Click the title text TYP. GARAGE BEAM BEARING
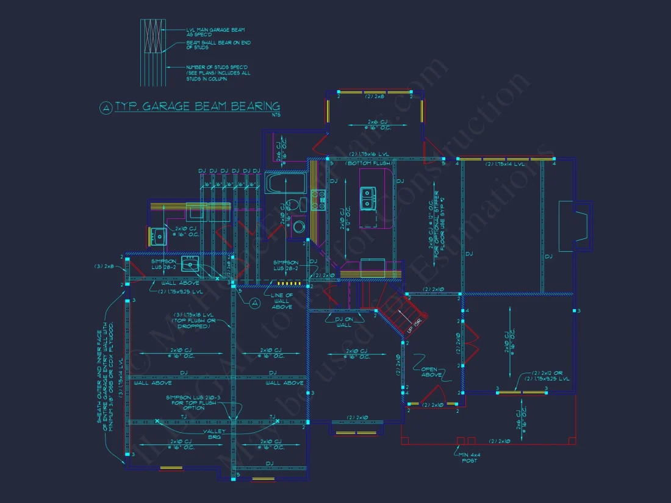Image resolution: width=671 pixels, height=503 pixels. coord(198,107)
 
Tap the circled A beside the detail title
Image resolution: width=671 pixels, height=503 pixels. coord(106,108)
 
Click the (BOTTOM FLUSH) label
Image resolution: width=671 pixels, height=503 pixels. coord(368,163)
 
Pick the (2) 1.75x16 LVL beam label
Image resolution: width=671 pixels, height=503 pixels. coord(370,155)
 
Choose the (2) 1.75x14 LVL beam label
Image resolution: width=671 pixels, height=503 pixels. coord(505,164)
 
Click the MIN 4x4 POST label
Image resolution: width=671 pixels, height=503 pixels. coord(470,457)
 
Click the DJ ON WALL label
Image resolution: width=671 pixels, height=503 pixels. coord(344,321)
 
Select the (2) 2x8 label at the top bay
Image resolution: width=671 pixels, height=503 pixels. coord(374,96)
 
